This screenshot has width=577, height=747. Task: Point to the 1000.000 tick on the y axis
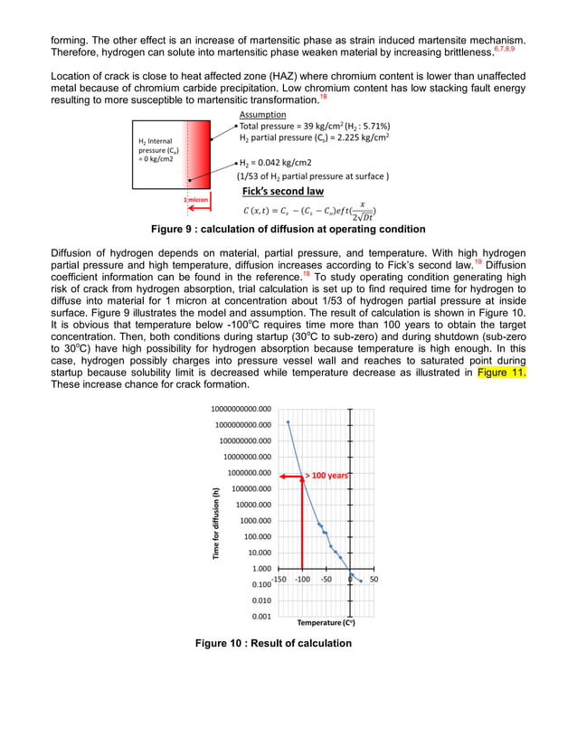click(x=251, y=521)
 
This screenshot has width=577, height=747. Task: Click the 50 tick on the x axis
click(x=374, y=579)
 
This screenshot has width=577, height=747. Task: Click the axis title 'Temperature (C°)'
click(x=326, y=622)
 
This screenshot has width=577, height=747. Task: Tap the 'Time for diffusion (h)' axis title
click(x=217, y=524)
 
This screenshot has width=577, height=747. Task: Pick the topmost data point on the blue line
click(x=288, y=422)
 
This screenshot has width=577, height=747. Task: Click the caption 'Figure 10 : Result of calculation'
click(x=273, y=644)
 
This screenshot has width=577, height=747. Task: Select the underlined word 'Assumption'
click(x=263, y=116)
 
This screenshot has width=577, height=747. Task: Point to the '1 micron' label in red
click(x=197, y=199)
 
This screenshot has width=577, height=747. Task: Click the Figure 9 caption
click(x=288, y=230)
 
